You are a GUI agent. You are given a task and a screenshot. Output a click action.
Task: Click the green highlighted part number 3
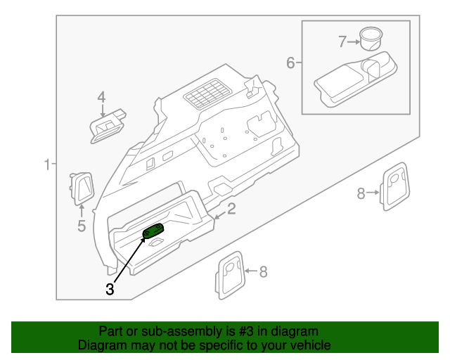tap(153, 232)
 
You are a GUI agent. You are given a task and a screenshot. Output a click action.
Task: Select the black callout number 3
tap(110, 288)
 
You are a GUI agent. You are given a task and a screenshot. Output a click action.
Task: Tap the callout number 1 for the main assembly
tap(47, 165)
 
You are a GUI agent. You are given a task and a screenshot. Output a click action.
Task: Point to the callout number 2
tap(231, 209)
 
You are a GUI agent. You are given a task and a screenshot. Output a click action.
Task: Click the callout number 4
tap(101, 97)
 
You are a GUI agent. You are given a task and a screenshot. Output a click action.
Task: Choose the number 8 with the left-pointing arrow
tap(263, 272)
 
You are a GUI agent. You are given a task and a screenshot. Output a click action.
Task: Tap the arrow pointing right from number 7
tap(353, 41)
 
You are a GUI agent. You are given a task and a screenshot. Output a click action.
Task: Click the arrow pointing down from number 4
tap(101, 110)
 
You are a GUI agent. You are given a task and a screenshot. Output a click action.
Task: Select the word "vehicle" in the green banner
tap(309, 345)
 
